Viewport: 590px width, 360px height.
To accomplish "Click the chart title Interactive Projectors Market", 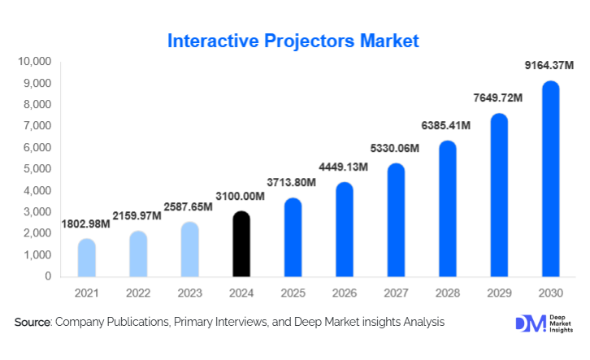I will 293,41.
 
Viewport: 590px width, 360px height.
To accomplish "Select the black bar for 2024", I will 242,245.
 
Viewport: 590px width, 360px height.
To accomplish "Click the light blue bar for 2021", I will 88,258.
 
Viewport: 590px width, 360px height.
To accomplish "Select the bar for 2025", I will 293,237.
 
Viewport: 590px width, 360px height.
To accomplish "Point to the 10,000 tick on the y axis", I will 35,62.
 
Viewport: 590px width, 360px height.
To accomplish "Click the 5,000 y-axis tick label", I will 37,169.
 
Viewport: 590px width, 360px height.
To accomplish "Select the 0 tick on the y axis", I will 49,276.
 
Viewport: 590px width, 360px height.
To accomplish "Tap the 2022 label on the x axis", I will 139,293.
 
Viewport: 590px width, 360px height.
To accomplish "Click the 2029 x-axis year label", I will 498,293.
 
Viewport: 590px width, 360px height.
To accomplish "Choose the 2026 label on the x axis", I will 345,293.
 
